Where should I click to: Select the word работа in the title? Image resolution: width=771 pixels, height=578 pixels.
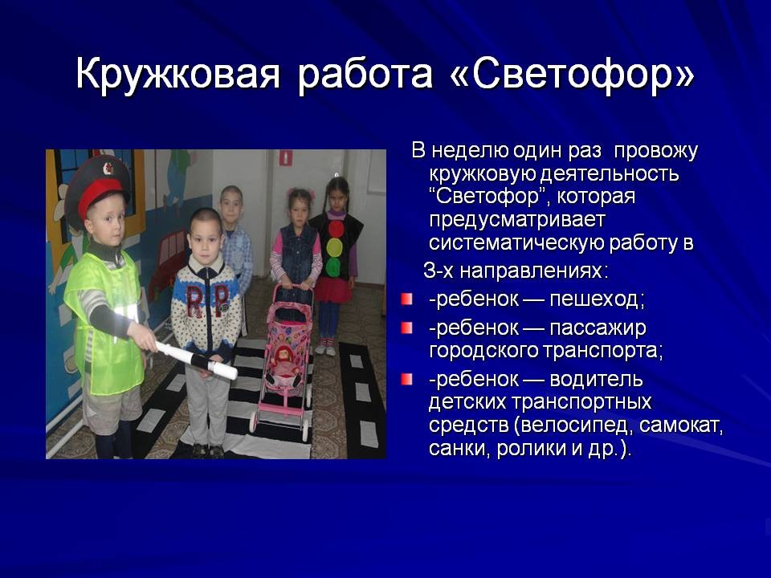coord(365,74)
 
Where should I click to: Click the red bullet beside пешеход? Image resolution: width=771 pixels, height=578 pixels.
coord(406,299)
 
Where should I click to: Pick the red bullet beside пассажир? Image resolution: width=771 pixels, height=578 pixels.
coord(406,328)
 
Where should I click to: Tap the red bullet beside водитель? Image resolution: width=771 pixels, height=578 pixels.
coord(406,379)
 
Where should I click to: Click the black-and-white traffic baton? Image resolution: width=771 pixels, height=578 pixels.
coord(197,360)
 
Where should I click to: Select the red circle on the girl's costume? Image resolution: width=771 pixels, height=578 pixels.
coord(337,229)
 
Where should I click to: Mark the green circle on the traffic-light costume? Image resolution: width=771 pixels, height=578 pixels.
coord(333,267)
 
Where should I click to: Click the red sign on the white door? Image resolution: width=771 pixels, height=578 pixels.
coord(286,157)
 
